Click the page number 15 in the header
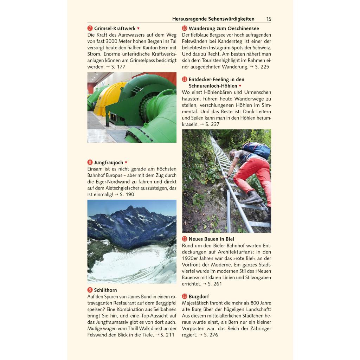[269, 19]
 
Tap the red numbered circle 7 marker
[90, 28]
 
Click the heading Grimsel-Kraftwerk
[115, 28]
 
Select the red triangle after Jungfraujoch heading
[126, 162]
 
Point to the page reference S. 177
[118, 67]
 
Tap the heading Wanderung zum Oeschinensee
[224, 28]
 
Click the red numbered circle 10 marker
[185, 28]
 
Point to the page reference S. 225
[262, 67]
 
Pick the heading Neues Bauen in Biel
[211, 239]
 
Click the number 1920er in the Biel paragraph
[190, 258]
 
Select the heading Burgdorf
[199, 296]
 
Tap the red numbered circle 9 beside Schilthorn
[90, 290]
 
